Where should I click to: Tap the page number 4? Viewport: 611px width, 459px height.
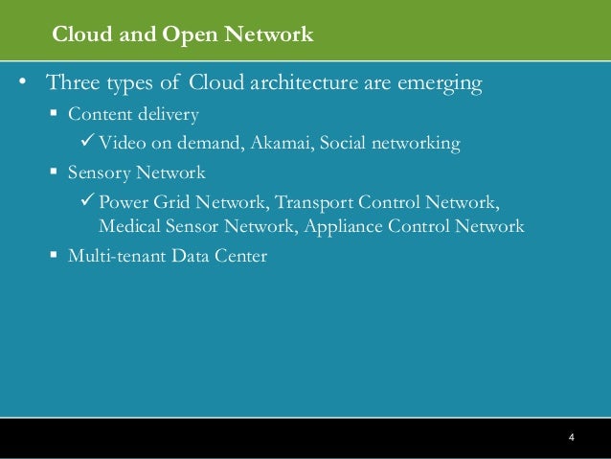coord(571,438)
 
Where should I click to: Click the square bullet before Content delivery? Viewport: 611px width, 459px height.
coord(55,114)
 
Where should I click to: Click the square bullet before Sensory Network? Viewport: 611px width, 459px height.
coord(55,172)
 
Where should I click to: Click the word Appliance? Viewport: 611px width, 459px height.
coord(345,227)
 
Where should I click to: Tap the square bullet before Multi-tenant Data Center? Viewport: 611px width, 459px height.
coord(55,256)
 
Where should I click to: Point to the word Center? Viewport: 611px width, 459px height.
coord(240,257)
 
